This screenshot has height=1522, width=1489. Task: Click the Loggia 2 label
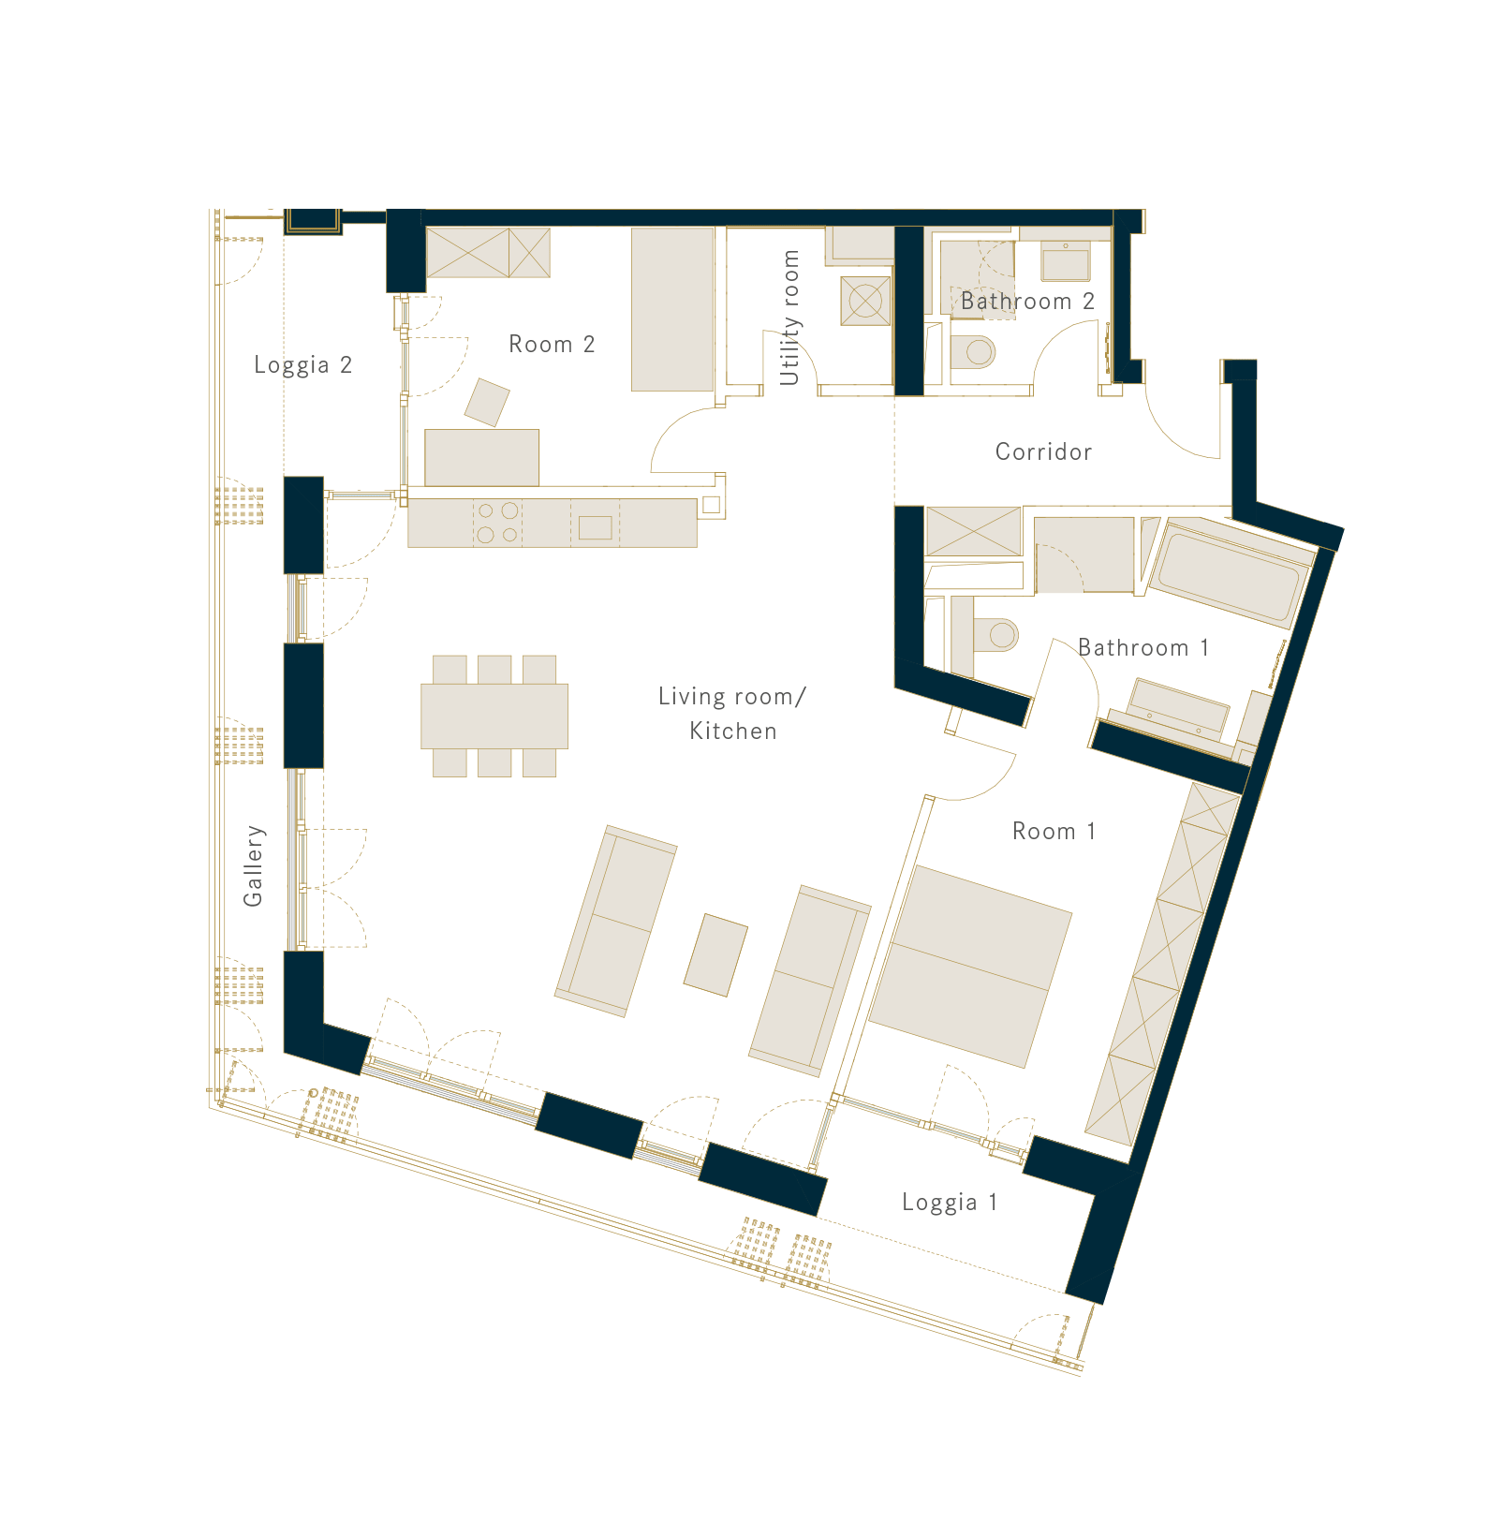tap(302, 365)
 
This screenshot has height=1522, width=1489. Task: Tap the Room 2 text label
tap(552, 345)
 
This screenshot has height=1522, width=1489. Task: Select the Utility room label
tap(790, 318)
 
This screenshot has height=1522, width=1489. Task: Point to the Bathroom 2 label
tap(1027, 302)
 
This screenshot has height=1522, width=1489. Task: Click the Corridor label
tap(1043, 452)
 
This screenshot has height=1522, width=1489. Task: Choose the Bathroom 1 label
tap(1143, 648)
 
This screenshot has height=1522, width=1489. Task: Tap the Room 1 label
tap(1054, 832)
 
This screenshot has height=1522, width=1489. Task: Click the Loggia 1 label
tap(950, 1203)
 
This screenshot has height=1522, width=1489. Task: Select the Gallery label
tap(254, 866)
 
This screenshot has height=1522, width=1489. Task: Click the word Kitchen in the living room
tap(733, 731)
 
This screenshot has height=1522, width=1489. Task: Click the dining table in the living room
tap(494, 717)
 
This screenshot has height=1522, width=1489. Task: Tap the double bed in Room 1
tap(970, 967)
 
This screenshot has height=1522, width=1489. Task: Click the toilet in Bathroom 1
tap(995, 634)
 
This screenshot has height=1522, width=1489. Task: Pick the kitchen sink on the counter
tap(595, 528)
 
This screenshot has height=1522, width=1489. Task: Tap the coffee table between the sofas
tap(716, 955)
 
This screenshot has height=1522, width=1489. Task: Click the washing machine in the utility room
tap(865, 301)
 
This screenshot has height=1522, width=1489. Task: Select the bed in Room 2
tap(672, 310)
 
